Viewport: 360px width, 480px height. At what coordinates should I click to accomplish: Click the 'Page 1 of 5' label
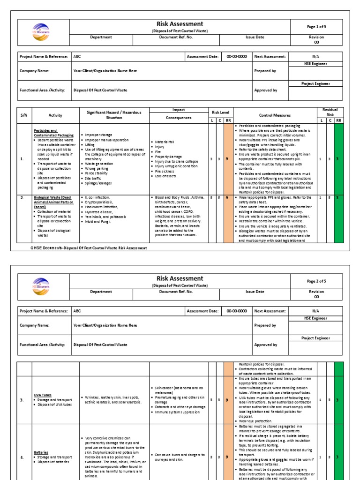316,26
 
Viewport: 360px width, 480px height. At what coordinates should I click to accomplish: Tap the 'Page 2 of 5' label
316,281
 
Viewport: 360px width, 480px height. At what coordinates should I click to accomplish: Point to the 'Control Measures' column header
275,115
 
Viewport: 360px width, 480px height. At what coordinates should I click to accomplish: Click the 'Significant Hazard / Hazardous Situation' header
114,115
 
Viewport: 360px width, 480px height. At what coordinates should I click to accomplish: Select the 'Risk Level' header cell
220,112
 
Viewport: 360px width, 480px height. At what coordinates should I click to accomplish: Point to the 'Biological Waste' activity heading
52,200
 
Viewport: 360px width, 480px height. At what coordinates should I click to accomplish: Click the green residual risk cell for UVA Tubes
338,400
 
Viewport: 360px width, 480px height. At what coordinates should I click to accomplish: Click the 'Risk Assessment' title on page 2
180,278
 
